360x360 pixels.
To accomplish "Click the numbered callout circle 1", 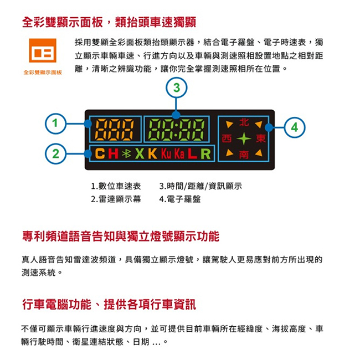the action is (x=55, y=124).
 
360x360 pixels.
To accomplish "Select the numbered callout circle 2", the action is (x=55, y=153).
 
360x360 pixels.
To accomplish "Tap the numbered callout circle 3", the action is (x=176, y=88).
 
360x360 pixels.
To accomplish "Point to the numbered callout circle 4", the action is (x=295, y=127).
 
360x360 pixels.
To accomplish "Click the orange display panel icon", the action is (x=43, y=50).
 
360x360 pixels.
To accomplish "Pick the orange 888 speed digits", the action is (x=114, y=130).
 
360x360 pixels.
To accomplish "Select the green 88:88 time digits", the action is (x=176, y=130).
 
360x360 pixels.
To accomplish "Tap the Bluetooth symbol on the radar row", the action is (x=126, y=153).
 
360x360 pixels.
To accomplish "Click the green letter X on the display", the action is (x=140, y=153).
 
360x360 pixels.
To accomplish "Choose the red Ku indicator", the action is (x=166, y=153).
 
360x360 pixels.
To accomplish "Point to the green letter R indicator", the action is (x=205, y=154).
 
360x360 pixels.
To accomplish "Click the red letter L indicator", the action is (x=192, y=154).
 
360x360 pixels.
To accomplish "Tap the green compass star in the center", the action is (x=244, y=138).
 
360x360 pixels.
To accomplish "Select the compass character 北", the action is (x=244, y=122).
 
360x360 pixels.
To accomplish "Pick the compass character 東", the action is (x=261, y=138).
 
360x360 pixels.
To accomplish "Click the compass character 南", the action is (x=244, y=155).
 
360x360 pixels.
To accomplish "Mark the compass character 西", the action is (x=227, y=138).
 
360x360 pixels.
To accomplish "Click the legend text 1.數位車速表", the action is (x=116, y=186).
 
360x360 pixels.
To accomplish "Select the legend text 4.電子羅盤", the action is (x=180, y=199).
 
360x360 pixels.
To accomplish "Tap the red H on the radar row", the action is (x=113, y=153).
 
